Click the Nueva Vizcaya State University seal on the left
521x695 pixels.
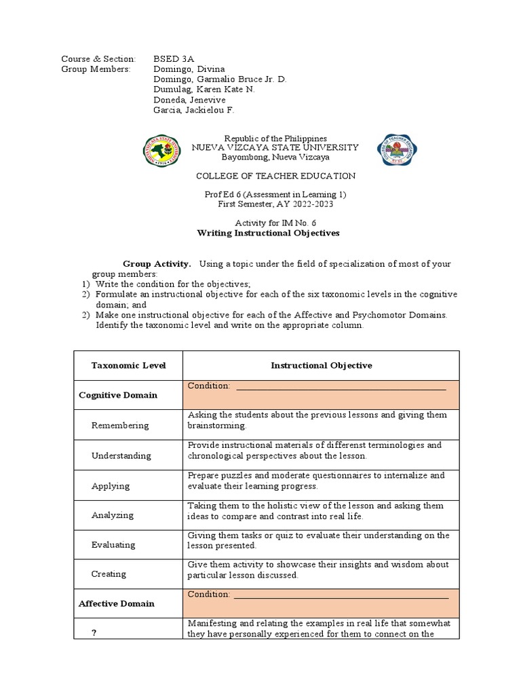[x=162, y=152]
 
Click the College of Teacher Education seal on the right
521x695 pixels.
[x=397, y=151]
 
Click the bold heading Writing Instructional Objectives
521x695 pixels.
[x=267, y=233]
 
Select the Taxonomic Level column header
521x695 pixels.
[x=128, y=366]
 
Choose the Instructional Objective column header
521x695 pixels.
[x=322, y=366]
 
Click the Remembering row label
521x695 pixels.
[x=120, y=426]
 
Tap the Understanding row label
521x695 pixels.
[x=121, y=455]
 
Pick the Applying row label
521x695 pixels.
[x=111, y=486]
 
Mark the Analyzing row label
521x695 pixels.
[x=113, y=515]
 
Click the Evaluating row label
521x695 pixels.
[x=113, y=544]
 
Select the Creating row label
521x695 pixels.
[x=109, y=574]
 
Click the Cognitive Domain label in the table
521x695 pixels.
[x=118, y=395]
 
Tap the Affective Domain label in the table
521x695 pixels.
[x=117, y=603]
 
